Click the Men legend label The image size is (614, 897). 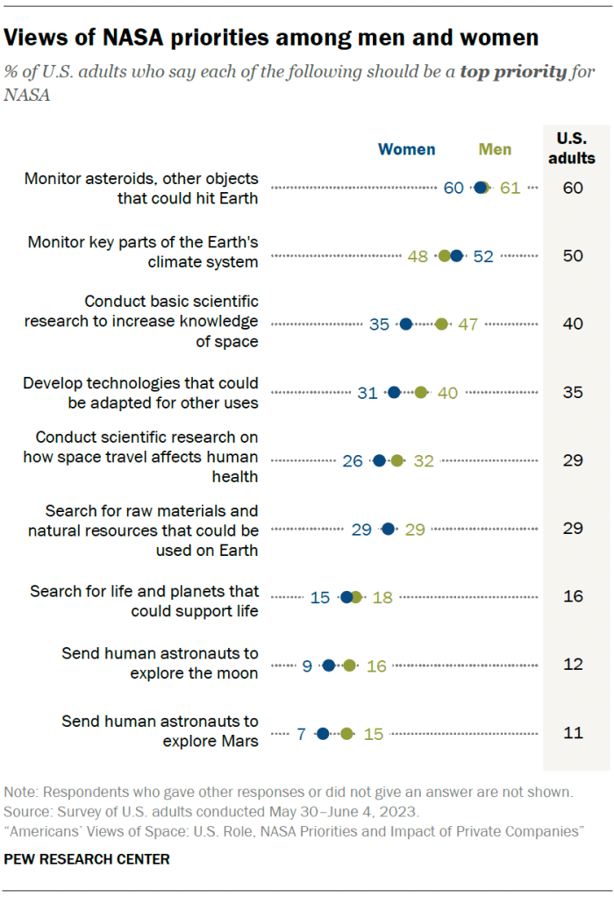tap(495, 149)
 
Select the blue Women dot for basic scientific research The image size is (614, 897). tap(405, 324)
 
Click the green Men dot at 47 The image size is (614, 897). tap(441, 324)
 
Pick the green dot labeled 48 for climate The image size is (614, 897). tap(445, 256)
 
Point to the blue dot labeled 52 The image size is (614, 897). tap(456, 256)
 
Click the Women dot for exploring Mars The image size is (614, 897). tap(322, 734)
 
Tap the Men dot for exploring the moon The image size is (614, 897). tap(349, 666)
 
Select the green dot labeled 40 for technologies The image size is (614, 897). tap(421, 393)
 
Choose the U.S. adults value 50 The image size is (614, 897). tap(573, 256)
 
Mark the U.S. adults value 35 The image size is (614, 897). tap(573, 393)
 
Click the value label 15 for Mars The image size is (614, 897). tap(374, 734)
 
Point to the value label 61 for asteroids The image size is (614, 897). tap(510, 188)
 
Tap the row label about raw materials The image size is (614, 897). tap(143, 530)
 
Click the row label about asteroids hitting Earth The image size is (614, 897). tap(141, 188)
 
